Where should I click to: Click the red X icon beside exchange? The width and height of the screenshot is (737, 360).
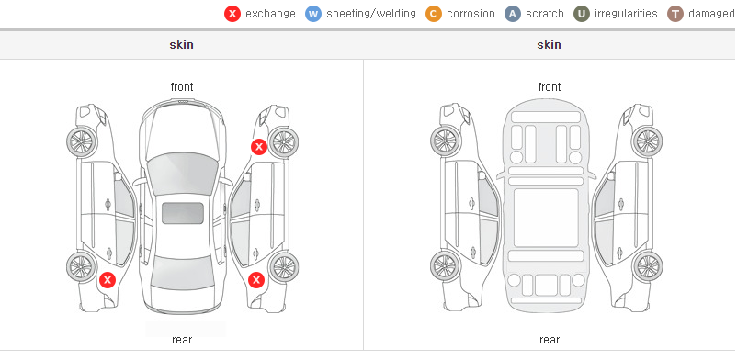(232, 14)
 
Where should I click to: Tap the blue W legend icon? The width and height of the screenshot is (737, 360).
(313, 14)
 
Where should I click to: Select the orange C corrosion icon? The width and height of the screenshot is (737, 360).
(434, 14)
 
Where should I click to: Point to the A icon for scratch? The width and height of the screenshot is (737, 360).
(513, 14)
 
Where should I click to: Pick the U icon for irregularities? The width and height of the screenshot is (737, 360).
(582, 14)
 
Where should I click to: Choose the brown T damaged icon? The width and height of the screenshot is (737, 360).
(675, 14)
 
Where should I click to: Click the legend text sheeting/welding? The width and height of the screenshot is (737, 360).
(371, 14)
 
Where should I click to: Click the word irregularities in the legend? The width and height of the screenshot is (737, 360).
(626, 14)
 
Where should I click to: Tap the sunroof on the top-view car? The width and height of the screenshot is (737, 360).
(183, 213)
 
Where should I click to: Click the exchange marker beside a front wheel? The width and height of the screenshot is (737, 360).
(259, 147)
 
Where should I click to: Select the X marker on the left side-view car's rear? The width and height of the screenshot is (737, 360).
(108, 281)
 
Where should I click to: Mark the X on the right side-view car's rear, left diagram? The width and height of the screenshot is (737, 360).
(256, 281)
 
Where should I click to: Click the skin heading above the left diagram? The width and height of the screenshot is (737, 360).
(181, 45)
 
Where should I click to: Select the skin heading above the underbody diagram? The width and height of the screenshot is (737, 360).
(549, 45)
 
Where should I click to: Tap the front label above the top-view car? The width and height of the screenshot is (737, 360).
(182, 87)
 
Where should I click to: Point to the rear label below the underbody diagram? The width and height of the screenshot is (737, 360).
(550, 340)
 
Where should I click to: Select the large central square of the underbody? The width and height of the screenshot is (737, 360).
(546, 218)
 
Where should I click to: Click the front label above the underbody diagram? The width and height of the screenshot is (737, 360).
(550, 87)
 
